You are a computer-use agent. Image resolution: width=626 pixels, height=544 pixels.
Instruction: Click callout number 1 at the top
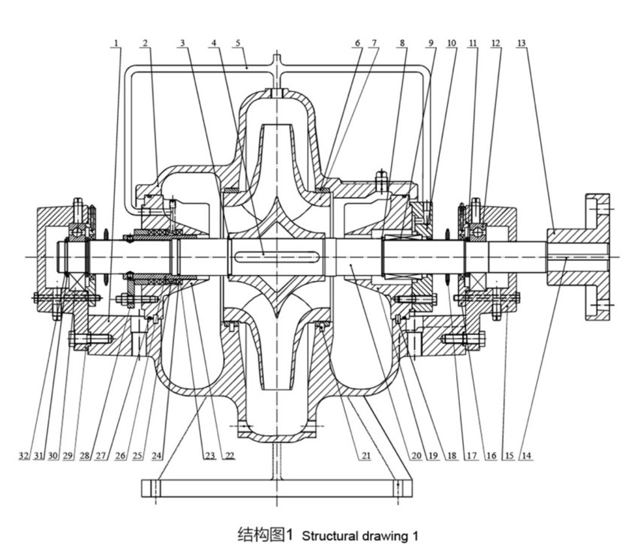click(x=116, y=43)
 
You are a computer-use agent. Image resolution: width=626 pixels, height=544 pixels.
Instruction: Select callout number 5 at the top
click(x=238, y=43)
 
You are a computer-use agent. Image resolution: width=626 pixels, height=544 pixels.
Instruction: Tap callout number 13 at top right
click(x=521, y=43)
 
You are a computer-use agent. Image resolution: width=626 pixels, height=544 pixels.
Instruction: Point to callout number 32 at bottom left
click(x=23, y=456)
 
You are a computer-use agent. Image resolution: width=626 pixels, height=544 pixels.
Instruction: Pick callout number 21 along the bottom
click(x=366, y=456)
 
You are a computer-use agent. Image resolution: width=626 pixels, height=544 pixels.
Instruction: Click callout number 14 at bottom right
click(x=526, y=456)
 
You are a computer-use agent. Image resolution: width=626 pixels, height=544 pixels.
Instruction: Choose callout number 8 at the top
click(x=402, y=43)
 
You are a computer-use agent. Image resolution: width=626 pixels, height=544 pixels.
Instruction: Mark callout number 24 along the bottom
click(x=156, y=456)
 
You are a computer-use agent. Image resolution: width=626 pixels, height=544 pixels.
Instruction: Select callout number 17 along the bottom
click(x=472, y=456)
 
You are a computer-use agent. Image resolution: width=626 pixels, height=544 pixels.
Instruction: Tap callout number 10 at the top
click(x=452, y=43)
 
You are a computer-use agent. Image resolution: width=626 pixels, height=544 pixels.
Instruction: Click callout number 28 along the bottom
click(x=85, y=456)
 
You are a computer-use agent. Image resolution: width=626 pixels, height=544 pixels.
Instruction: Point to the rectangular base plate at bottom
click(x=277, y=489)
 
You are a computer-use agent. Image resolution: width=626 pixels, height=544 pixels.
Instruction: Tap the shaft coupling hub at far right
click(x=578, y=257)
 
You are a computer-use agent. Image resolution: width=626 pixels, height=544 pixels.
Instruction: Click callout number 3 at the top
click(x=182, y=43)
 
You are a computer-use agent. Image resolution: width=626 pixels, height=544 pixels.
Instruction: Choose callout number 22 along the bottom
click(x=230, y=456)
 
